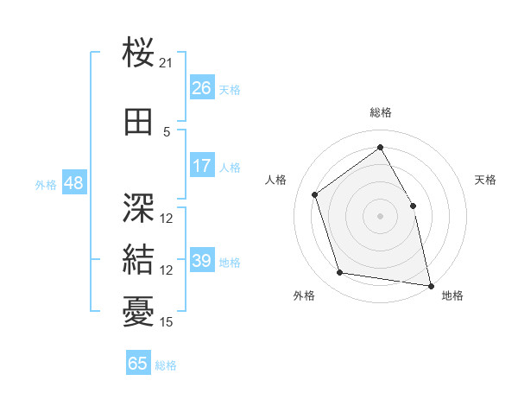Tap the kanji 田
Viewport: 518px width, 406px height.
pos(139,122)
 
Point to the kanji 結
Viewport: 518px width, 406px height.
pos(139,258)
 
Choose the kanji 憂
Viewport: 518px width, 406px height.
pos(139,310)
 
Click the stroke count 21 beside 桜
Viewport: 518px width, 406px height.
pos(167,63)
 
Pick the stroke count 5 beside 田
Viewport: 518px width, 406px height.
pos(167,131)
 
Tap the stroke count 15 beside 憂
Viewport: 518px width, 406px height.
pos(167,322)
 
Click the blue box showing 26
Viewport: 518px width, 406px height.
pos(202,87)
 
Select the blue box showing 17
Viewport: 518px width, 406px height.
pos(202,166)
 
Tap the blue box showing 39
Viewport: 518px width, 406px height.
pos(202,261)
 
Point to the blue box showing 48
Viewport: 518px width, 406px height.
pos(73,183)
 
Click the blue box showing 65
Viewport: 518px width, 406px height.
pos(138,364)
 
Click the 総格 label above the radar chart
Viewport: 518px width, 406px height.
pos(380,112)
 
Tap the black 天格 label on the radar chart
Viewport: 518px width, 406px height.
pos(485,180)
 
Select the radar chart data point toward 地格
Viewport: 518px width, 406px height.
pos(431,285)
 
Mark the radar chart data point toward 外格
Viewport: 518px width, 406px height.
pos(340,274)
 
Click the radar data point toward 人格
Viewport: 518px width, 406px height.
pos(315,194)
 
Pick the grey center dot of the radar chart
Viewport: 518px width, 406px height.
pos(380,215)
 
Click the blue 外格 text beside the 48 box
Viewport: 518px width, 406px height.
pos(46,184)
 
